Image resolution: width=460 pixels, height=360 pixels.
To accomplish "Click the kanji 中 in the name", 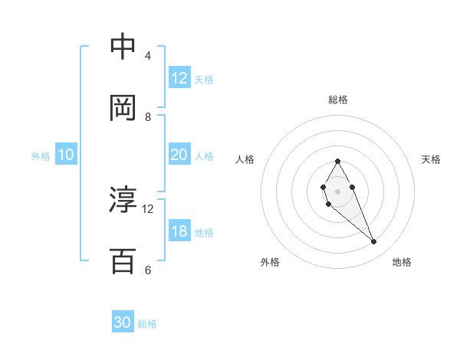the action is pyautogui.click(x=123, y=47).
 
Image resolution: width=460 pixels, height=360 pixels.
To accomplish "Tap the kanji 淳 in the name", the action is pyautogui.click(x=123, y=201).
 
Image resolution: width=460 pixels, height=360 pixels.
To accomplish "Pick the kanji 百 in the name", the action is pyautogui.click(x=123, y=261).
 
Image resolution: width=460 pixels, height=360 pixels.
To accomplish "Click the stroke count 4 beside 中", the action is pyautogui.click(x=148, y=56).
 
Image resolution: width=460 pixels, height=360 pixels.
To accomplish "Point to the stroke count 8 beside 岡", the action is pyautogui.click(x=148, y=116).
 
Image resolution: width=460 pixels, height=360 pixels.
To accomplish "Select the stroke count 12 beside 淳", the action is pyautogui.click(x=148, y=208).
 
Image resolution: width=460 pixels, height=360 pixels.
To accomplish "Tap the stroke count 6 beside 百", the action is pyautogui.click(x=148, y=270).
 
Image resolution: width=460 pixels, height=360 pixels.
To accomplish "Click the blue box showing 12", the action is pyautogui.click(x=179, y=78).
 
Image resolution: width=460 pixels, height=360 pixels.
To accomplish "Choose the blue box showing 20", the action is pyautogui.click(x=179, y=155).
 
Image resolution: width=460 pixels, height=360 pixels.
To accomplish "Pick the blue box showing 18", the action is pyautogui.click(x=179, y=231).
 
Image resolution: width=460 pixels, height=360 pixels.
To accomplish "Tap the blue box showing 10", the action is pyautogui.click(x=66, y=155).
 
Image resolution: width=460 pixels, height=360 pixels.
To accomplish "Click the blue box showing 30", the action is pyautogui.click(x=123, y=322).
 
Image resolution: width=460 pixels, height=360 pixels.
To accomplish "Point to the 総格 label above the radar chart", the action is pyautogui.click(x=338, y=100).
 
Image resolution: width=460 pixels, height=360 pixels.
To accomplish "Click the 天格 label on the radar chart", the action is pyautogui.click(x=431, y=159).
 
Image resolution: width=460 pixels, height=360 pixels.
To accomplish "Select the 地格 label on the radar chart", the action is pyautogui.click(x=402, y=262).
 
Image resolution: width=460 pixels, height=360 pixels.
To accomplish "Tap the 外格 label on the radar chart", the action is pyautogui.click(x=270, y=262).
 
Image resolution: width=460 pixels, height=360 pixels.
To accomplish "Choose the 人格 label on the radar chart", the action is pyautogui.click(x=245, y=159).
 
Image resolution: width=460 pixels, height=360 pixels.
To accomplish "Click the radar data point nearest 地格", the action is pyautogui.click(x=373, y=241).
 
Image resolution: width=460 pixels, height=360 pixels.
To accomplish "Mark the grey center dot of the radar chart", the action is pyautogui.click(x=337, y=190).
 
